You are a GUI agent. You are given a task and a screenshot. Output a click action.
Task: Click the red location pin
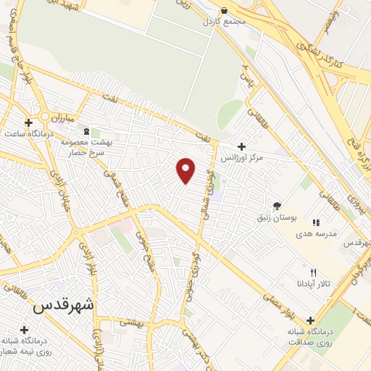click(x=186, y=170)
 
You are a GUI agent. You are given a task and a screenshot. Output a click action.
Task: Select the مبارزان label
click(x=64, y=116)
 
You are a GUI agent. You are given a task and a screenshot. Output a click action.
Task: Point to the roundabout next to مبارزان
click(x=45, y=117)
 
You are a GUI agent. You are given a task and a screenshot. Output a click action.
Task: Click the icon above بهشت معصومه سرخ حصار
click(x=87, y=132)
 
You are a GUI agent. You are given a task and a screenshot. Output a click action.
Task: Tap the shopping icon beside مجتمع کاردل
click(x=224, y=11)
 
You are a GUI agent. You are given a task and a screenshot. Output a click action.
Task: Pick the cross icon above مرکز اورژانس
click(x=242, y=146)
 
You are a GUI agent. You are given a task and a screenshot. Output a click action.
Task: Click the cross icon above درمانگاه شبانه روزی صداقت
click(x=311, y=320)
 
